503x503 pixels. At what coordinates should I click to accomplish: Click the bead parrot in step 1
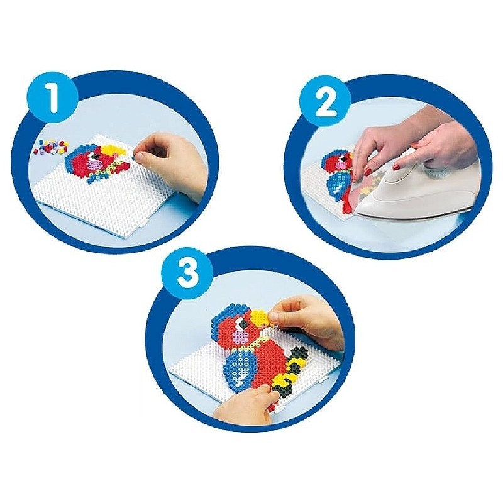pyautogui.click(x=99, y=163)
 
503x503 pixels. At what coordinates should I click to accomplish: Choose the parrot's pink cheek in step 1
pyautogui.click(x=98, y=165)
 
